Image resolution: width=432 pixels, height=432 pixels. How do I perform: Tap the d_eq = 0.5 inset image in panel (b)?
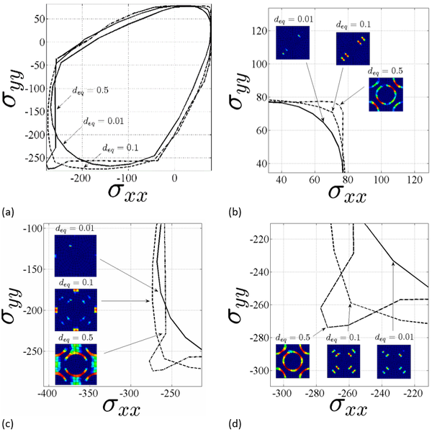point(385,94)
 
